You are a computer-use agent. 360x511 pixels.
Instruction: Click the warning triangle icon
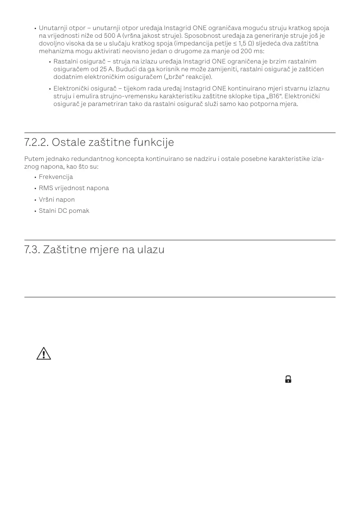point(43,354)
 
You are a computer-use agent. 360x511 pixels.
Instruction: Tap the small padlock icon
point(288,379)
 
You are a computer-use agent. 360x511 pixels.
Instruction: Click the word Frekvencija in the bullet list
point(56,177)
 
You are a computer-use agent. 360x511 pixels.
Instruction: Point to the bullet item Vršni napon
point(57,200)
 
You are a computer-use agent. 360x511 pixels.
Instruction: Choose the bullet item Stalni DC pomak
point(64,211)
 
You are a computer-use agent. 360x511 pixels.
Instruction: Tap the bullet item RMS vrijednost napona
point(74,188)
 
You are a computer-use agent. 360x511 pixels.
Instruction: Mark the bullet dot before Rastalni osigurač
point(49,62)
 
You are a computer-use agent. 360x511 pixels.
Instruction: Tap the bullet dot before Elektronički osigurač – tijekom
point(49,89)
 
